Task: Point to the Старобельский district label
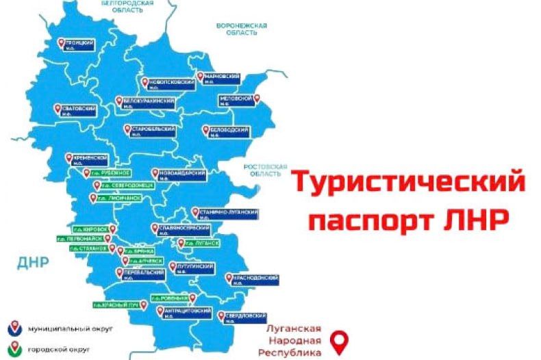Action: tap(148, 130)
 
